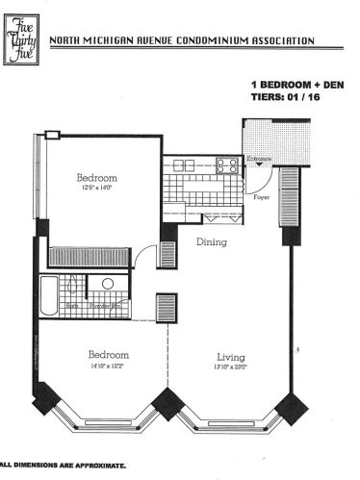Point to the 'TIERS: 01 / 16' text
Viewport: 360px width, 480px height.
click(279, 97)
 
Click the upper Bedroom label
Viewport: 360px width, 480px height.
click(97, 178)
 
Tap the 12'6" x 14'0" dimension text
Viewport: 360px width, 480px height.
click(97, 189)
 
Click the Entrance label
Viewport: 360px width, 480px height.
click(261, 159)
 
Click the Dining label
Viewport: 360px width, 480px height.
click(212, 242)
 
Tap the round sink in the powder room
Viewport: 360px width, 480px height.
click(108, 284)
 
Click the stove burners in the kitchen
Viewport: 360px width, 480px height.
click(228, 164)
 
